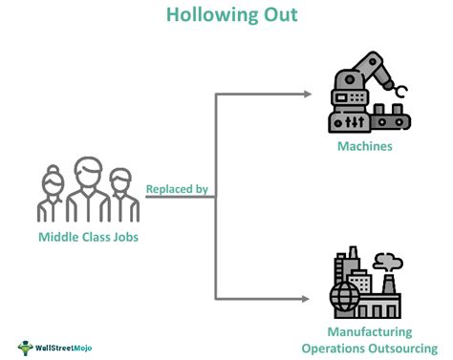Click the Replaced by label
tap(177, 189)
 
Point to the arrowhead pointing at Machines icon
tap(307, 94)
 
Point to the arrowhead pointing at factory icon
tap(307, 298)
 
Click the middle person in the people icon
tap(87, 191)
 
